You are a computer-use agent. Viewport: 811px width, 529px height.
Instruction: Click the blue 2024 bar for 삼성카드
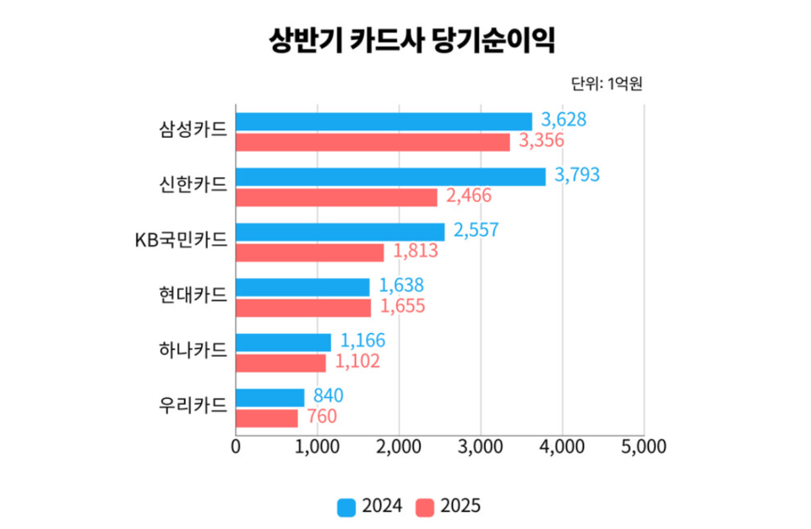384,121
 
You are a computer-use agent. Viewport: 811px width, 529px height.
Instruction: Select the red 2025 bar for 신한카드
336,198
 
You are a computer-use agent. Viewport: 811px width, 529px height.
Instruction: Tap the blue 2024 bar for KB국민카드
340,232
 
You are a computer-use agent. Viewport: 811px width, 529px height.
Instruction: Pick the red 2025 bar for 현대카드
302,308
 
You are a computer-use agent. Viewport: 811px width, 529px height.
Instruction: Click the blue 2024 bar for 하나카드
283,342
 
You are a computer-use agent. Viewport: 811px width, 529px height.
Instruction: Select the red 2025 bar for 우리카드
266,418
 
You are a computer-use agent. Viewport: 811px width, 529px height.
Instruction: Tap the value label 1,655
402,307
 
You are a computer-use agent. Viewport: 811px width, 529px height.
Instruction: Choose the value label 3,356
541,142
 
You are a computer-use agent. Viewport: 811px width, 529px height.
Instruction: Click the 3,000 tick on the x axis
480,446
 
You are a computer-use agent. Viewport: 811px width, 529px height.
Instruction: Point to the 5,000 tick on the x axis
644,446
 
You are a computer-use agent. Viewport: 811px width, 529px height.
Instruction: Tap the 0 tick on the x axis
236,446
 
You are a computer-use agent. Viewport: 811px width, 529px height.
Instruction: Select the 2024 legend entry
369,507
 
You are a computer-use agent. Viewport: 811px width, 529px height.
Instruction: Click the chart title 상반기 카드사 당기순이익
405,40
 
